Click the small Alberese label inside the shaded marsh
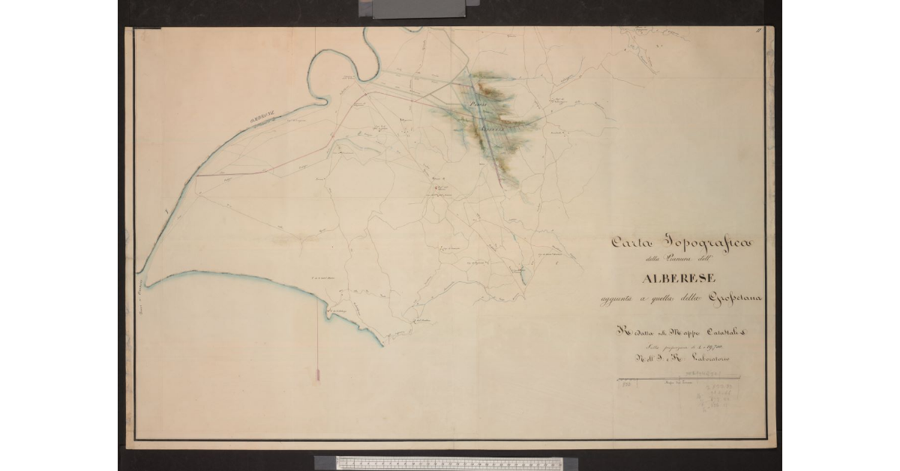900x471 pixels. [x=494, y=127]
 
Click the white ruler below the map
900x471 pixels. [x=450, y=462]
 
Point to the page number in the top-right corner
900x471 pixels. [x=758, y=30]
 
